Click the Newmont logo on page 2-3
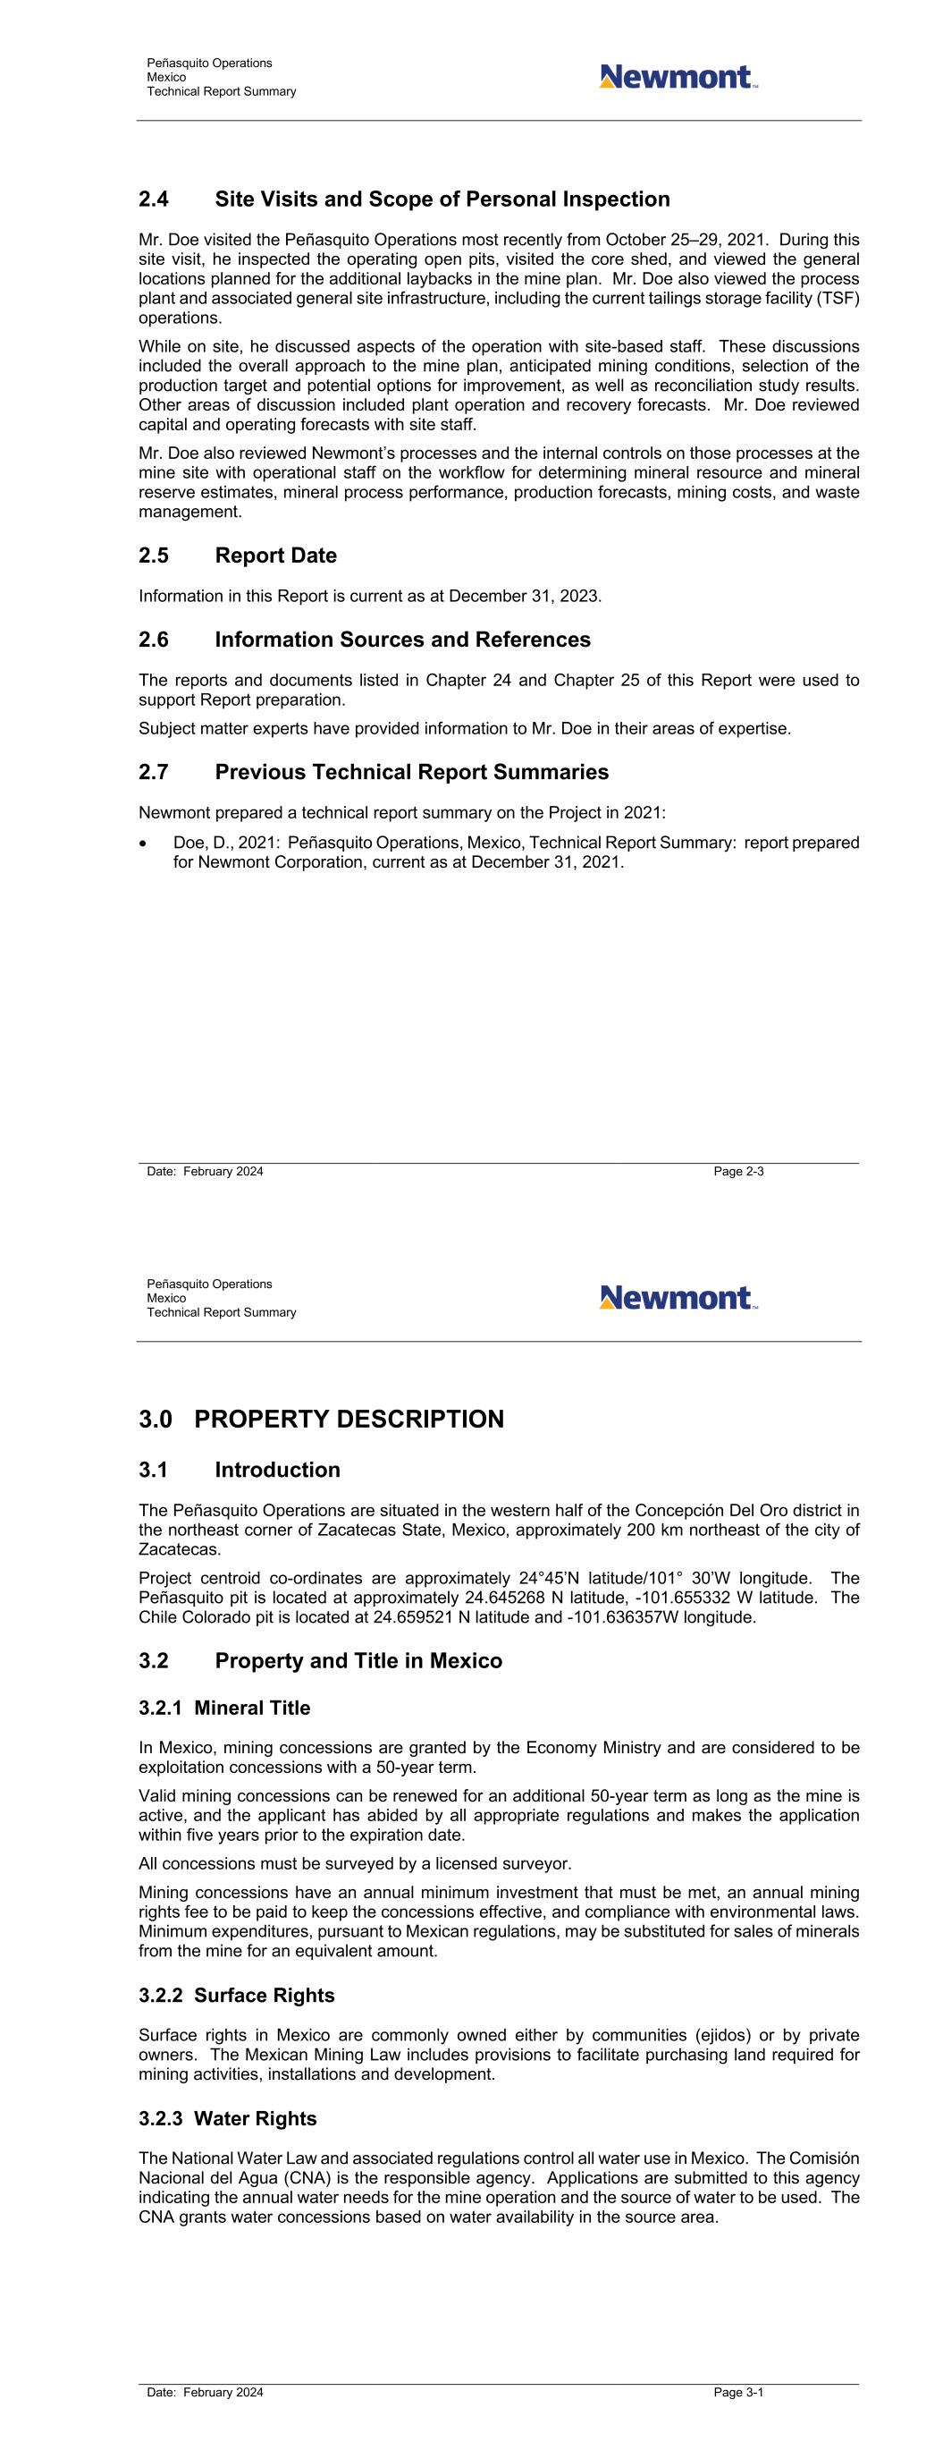pos(678,77)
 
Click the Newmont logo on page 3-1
pos(678,1297)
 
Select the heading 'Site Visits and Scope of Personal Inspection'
pos(442,199)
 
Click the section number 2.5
pos(154,555)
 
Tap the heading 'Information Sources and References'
pos(402,640)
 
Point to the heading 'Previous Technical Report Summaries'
pos(411,772)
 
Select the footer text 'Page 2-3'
pos(738,1172)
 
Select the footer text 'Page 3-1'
pos(738,2392)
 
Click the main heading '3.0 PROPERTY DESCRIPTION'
pos(321,1419)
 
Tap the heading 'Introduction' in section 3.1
pos(277,1470)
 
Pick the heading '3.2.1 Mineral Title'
pos(224,1708)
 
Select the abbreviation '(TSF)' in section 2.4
pos(838,299)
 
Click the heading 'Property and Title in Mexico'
pos(358,1661)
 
